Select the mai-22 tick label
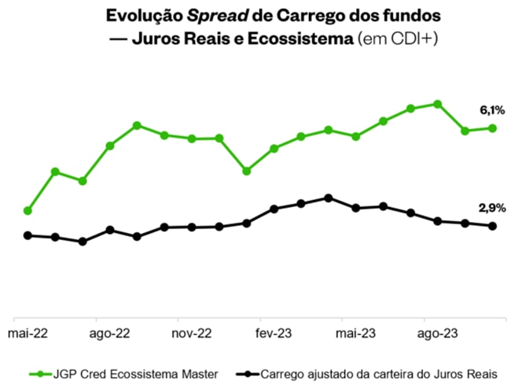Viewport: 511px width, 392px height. point(28,333)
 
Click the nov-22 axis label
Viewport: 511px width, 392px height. point(193,333)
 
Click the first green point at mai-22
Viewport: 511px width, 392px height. point(28,211)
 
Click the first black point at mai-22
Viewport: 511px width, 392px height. point(28,235)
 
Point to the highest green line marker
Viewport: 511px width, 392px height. point(438,104)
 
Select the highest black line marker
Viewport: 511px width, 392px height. point(329,198)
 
